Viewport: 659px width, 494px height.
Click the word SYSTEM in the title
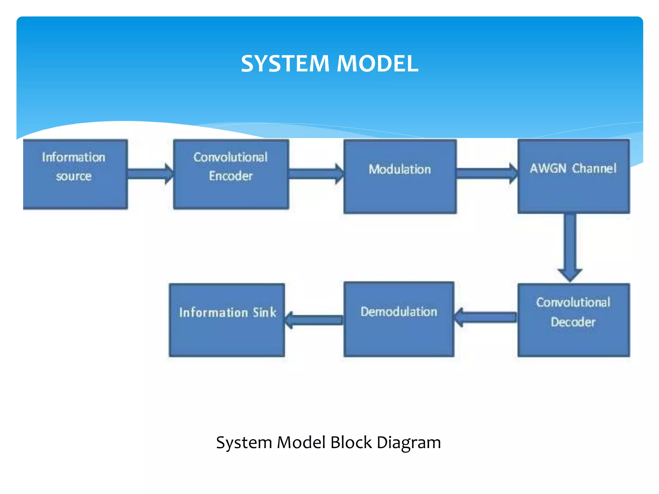coord(285,63)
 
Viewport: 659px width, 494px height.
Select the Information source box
coord(75,175)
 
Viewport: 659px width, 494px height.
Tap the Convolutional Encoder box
coord(231,175)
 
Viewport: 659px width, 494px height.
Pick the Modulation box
coord(400,177)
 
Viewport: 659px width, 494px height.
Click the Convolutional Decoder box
coord(573,320)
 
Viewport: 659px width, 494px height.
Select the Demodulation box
coord(399,319)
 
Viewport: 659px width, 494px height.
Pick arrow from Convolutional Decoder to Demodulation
coord(486,317)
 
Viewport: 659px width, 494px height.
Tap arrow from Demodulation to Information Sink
coord(314,320)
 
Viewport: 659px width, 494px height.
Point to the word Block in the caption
coord(351,443)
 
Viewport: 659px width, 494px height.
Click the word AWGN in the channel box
coord(548,168)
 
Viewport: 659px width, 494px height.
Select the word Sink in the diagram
coord(265,312)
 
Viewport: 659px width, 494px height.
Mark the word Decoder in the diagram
coord(573,322)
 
